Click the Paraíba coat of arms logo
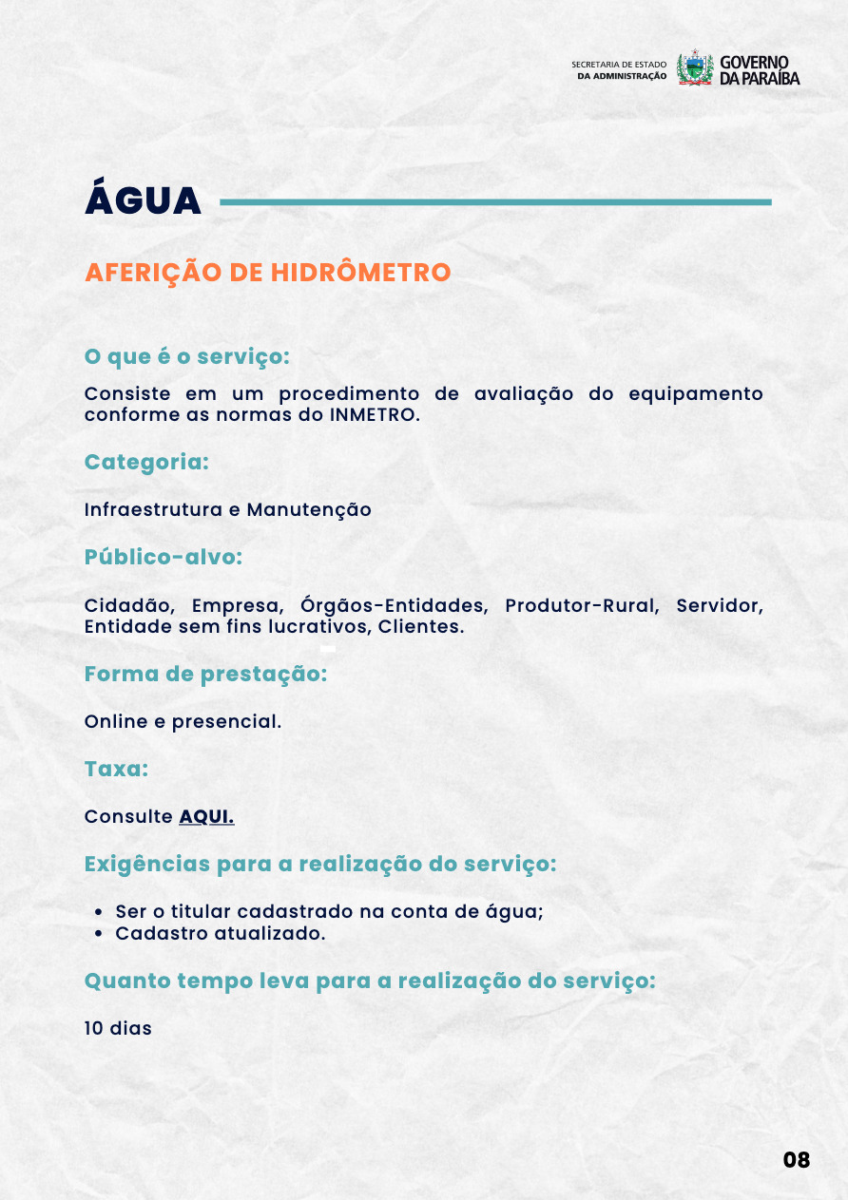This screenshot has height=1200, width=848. pyautogui.click(x=695, y=68)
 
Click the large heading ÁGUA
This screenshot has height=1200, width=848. pyautogui.click(x=143, y=200)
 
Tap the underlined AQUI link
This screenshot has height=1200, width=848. pyautogui.click(x=206, y=817)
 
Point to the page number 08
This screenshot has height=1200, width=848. pyautogui.click(x=797, y=1160)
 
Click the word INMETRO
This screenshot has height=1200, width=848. pyautogui.click(x=375, y=415)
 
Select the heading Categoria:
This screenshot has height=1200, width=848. pyautogui.click(x=146, y=463)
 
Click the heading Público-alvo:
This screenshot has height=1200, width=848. pyautogui.click(x=164, y=558)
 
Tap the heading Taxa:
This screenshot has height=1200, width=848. pyautogui.click(x=116, y=770)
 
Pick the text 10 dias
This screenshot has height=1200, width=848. pyautogui.click(x=118, y=1028)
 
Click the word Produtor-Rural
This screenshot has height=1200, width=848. pyautogui.click(x=582, y=606)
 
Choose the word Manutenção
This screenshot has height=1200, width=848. pyautogui.click(x=309, y=510)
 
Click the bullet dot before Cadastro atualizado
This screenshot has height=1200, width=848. pyautogui.click(x=100, y=934)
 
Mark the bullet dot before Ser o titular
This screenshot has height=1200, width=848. pyautogui.click(x=100, y=912)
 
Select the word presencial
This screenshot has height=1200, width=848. pyautogui.click(x=226, y=722)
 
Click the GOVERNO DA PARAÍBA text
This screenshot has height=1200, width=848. pyautogui.click(x=759, y=69)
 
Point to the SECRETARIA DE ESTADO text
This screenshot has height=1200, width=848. pyautogui.click(x=619, y=65)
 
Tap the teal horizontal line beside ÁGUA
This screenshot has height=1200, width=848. pyautogui.click(x=494, y=201)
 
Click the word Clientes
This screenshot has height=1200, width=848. pyautogui.click(x=421, y=627)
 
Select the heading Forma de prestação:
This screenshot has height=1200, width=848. pyautogui.click(x=205, y=675)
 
